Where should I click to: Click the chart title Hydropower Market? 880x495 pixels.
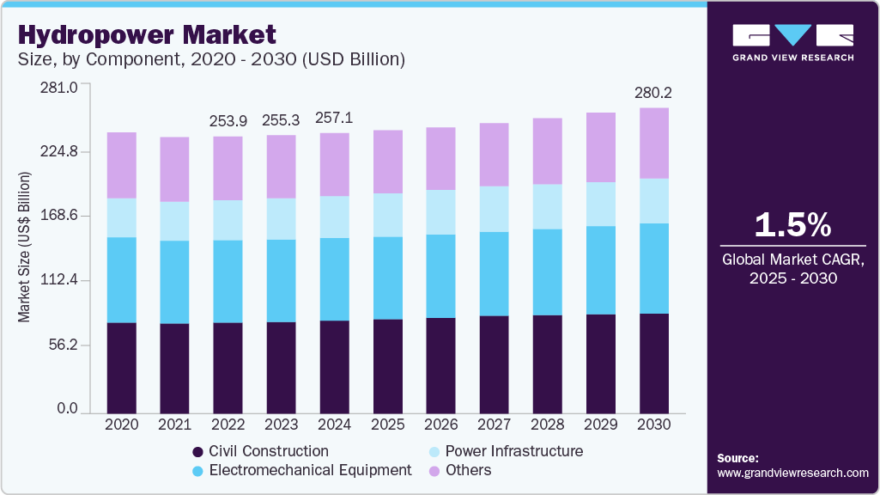click(x=147, y=35)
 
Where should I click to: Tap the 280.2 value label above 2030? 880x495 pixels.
click(x=654, y=92)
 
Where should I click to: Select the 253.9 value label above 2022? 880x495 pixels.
click(x=228, y=121)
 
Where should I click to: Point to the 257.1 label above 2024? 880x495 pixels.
click(x=334, y=117)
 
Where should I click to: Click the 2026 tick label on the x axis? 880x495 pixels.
click(x=440, y=424)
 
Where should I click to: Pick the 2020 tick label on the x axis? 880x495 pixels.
click(x=121, y=424)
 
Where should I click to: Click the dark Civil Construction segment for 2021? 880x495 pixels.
click(x=174, y=368)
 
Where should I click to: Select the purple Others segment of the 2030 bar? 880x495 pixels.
click(x=654, y=143)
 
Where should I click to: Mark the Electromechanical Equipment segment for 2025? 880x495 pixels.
click(x=387, y=278)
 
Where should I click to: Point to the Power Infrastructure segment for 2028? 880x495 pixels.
click(x=547, y=206)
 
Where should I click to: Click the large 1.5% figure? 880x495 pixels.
click(x=792, y=225)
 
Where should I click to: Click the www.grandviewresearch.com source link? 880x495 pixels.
click(x=792, y=473)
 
